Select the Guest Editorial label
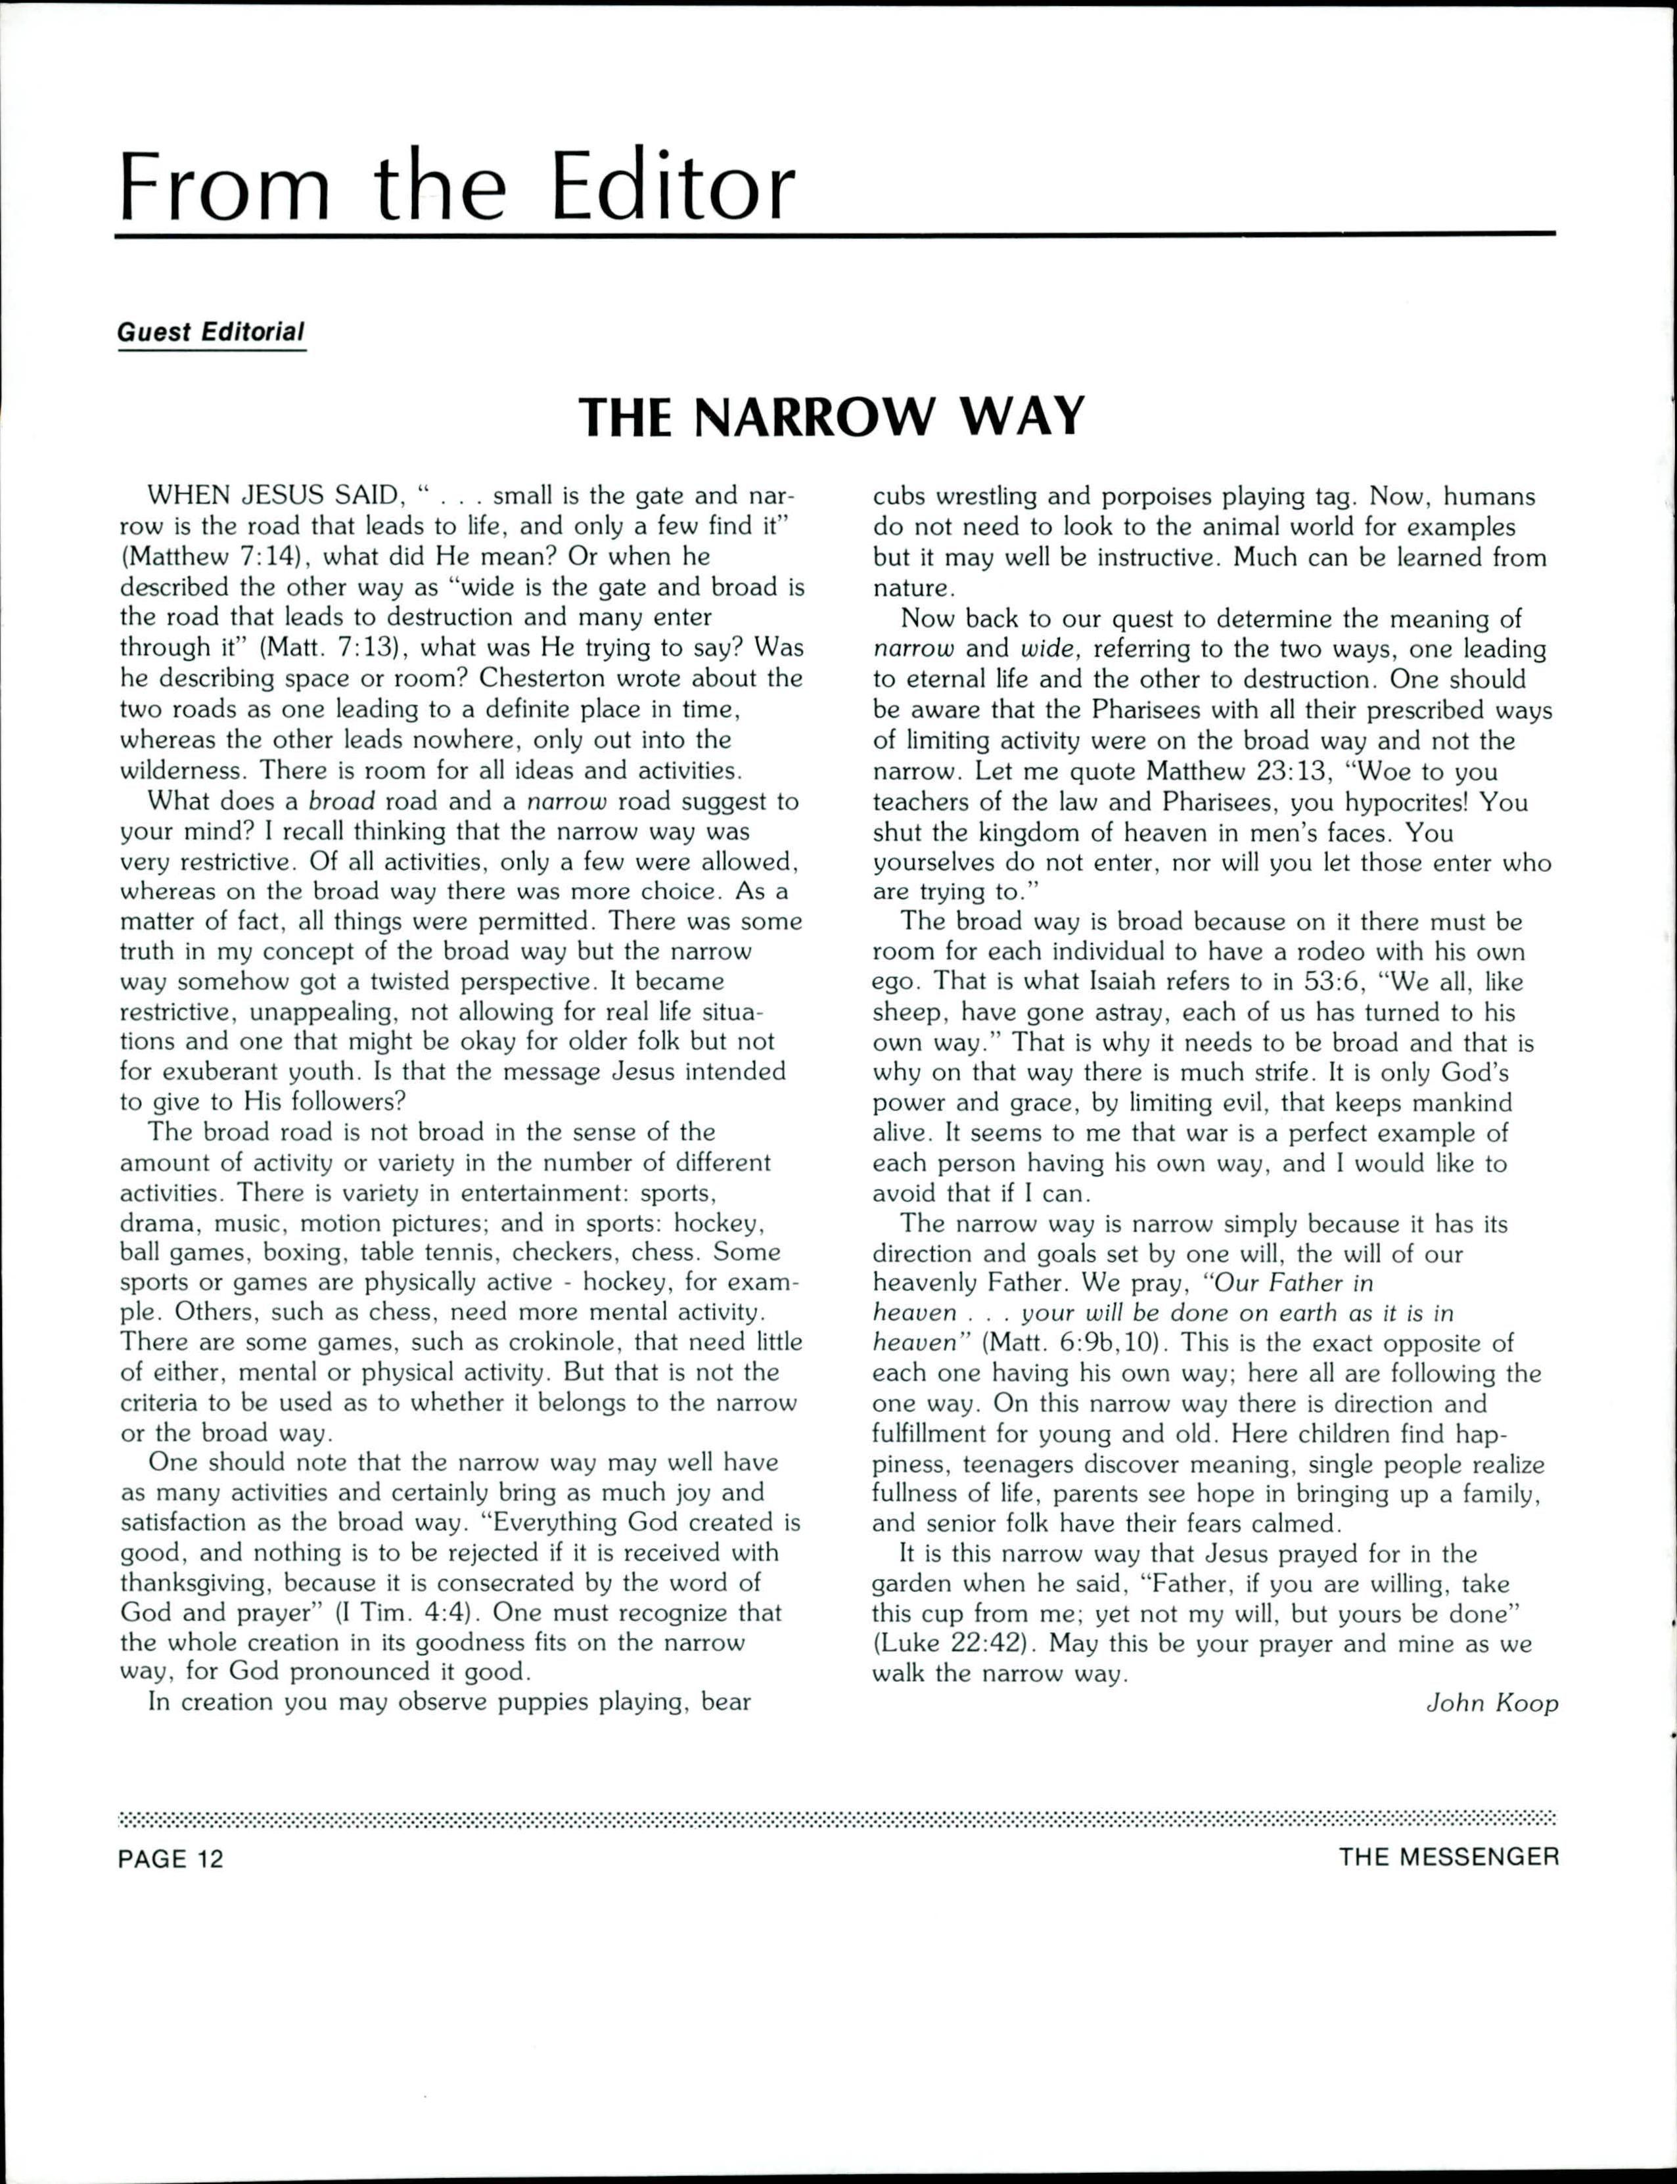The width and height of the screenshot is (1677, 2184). tap(211, 332)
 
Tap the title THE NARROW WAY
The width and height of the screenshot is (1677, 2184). tap(831, 417)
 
